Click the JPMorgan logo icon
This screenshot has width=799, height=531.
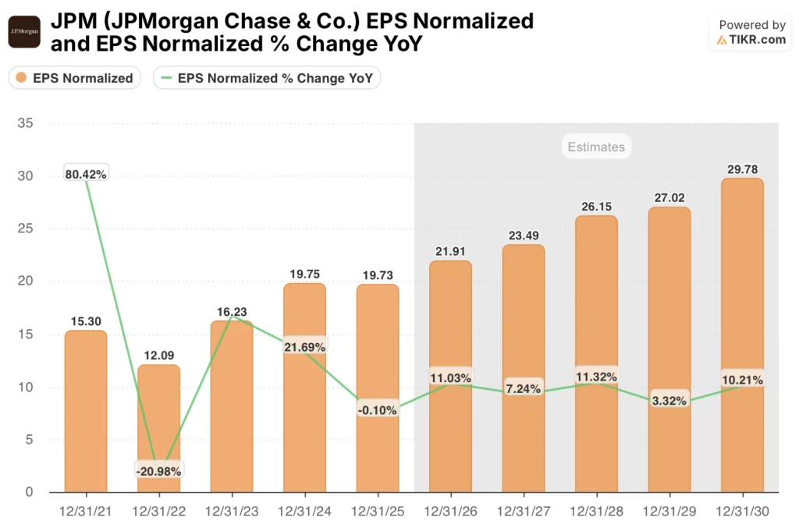click(x=24, y=32)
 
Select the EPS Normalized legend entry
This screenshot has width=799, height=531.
click(x=75, y=78)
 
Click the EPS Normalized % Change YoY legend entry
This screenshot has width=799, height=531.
click(x=268, y=78)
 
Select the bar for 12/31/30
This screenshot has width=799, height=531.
click(x=741, y=335)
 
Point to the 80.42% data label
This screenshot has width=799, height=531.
click(x=86, y=175)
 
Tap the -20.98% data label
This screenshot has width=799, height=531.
click(x=158, y=471)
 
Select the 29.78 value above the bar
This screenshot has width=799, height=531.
click(x=741, y=169)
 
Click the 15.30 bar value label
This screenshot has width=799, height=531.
click(x=86, y=320)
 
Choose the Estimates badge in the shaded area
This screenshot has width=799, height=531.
click(x=595, y=147)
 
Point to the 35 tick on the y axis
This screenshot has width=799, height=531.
click(x=24, y=123)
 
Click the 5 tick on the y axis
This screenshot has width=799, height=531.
click(x=28, y=439)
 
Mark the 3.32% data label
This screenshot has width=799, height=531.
click(x=669, y=402)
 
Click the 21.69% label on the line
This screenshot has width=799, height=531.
click(x=304, y=346)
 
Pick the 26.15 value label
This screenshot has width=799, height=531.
click(x=595, y=207)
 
